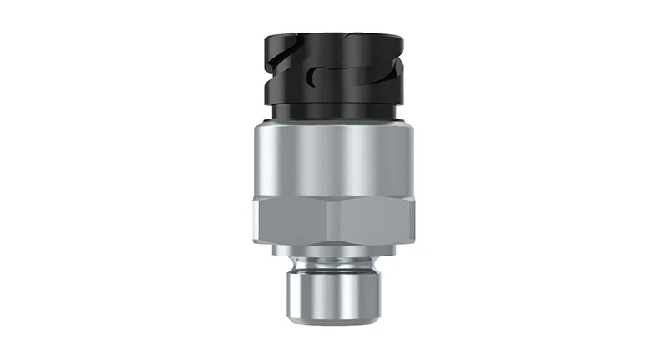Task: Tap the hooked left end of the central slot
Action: coord(311,78)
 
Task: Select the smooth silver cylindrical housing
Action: coord(334,163)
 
